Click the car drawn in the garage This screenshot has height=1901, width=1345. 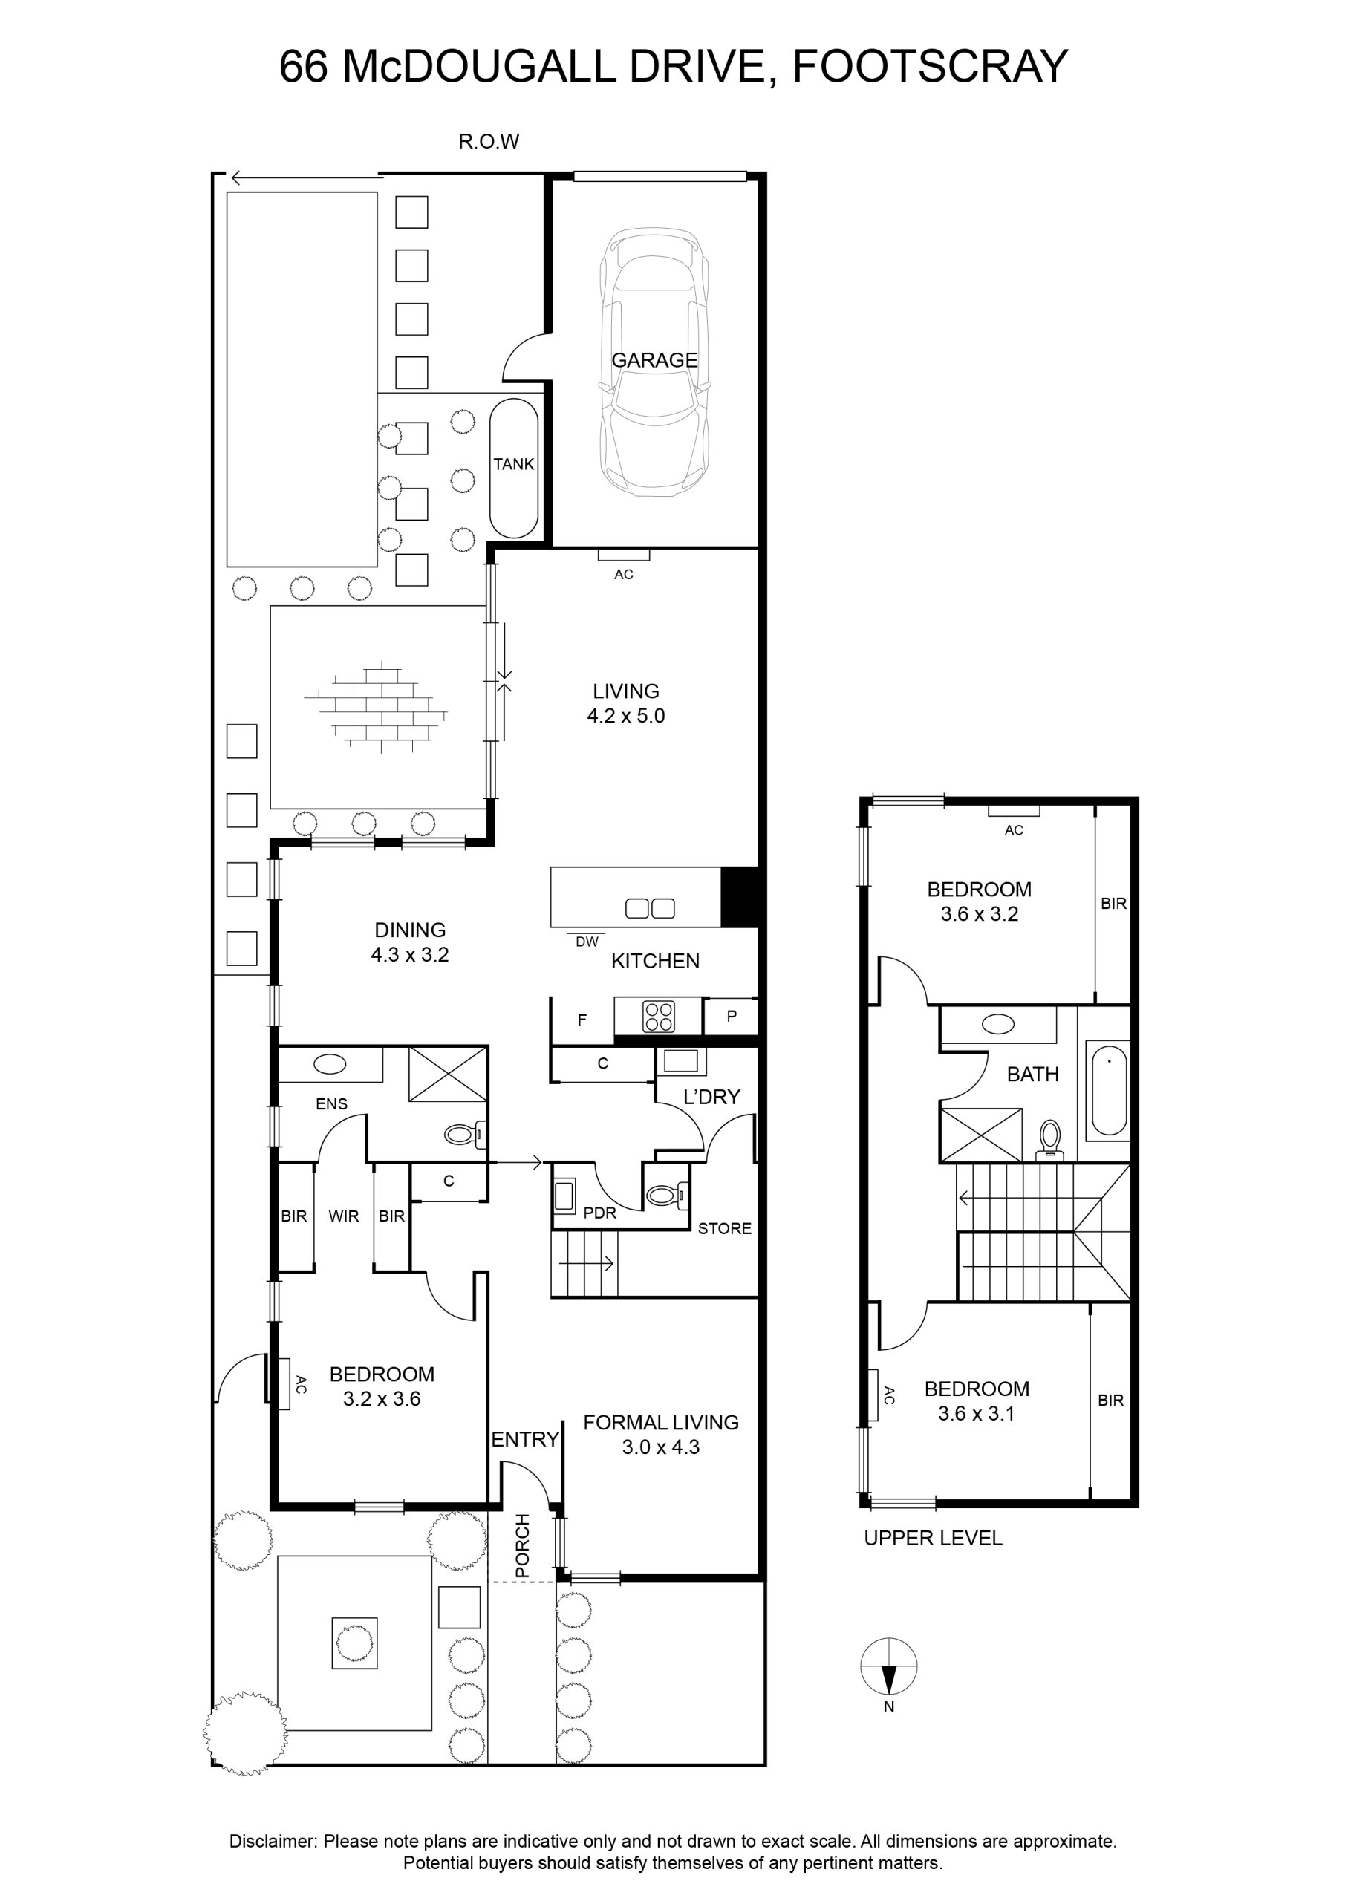click(x=654, y=362)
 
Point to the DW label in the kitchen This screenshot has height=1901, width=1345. click(x=587, y=942)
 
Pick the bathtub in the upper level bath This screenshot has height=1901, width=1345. click(x=1109, y=1092)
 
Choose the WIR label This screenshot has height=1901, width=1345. click(x=344, y=1216)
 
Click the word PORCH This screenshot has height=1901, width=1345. click(x=523, y=1546)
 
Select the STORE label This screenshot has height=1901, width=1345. click(x=725, y=1229)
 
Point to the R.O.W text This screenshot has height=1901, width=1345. click(x=489, y=142)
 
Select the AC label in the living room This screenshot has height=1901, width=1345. click(x=624, y=575)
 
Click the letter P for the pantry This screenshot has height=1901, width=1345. click(x=732, y=1017)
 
